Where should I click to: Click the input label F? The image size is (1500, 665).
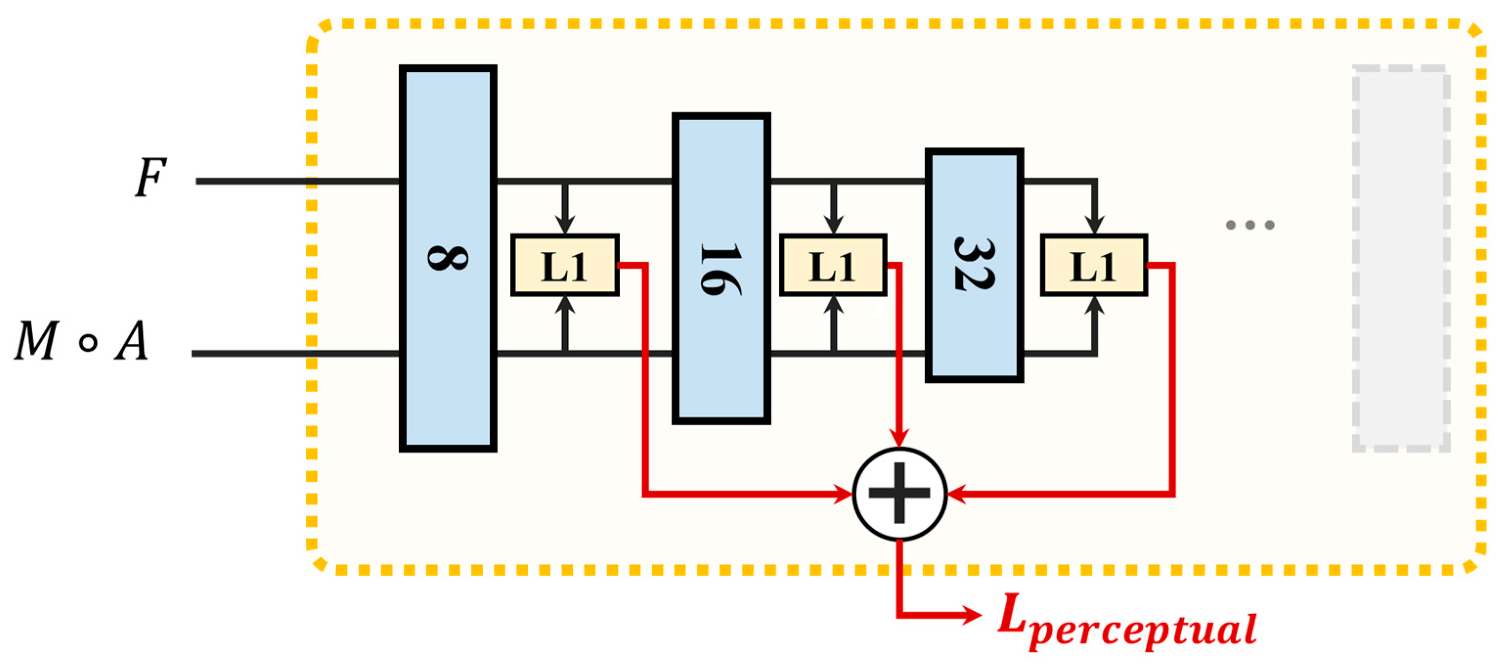pos(150,177)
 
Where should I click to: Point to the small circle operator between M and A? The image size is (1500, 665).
pos(87,342)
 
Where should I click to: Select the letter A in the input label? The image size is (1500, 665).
pos(131,341)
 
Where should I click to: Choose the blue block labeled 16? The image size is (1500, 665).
pos(721,361)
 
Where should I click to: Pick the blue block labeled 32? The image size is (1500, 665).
pos(974,338)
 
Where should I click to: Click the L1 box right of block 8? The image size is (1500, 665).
pos(564,266)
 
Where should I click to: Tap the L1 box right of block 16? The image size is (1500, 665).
pos(833,266)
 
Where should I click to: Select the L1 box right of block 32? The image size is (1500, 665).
pos(1093,266)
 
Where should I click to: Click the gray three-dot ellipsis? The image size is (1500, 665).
pos(1250,225)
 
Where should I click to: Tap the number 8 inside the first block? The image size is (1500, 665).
pos(447,258)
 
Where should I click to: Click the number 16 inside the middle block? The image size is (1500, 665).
pos(721,269)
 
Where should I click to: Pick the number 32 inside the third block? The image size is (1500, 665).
pos(974,263)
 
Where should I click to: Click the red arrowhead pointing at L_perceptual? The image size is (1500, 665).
pos(971,615)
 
